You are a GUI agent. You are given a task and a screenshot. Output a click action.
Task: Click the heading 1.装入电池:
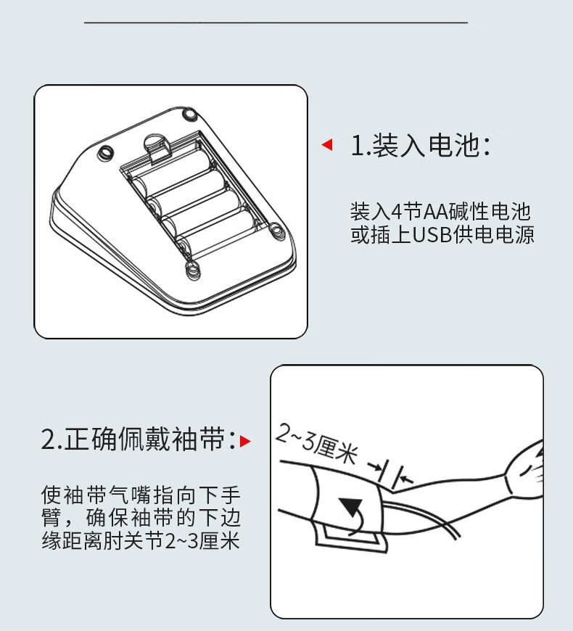tap(421, 145)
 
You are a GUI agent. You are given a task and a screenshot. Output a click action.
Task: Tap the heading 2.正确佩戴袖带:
tap(138, 439)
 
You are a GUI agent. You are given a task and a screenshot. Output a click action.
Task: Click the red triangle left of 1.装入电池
tap(328, 145)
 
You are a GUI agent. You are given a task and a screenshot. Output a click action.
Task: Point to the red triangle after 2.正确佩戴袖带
tap(245, 441)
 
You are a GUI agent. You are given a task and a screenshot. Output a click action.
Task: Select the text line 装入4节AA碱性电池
tap(440, 212)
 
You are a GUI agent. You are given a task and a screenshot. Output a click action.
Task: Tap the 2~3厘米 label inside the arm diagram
tap(317, 443)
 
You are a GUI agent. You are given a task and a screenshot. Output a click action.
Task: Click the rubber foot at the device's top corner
tap(189, 114)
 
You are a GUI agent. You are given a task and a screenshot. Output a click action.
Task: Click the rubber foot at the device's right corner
tap(276, 232)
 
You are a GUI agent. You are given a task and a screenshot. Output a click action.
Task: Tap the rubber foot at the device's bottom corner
tap(194, 270)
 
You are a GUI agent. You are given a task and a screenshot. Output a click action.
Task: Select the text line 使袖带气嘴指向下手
tap(141, 495)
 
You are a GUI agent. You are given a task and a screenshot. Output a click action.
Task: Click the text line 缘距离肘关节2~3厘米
tap(141, 540)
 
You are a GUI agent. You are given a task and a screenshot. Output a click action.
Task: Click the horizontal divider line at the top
tap(276, 23)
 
